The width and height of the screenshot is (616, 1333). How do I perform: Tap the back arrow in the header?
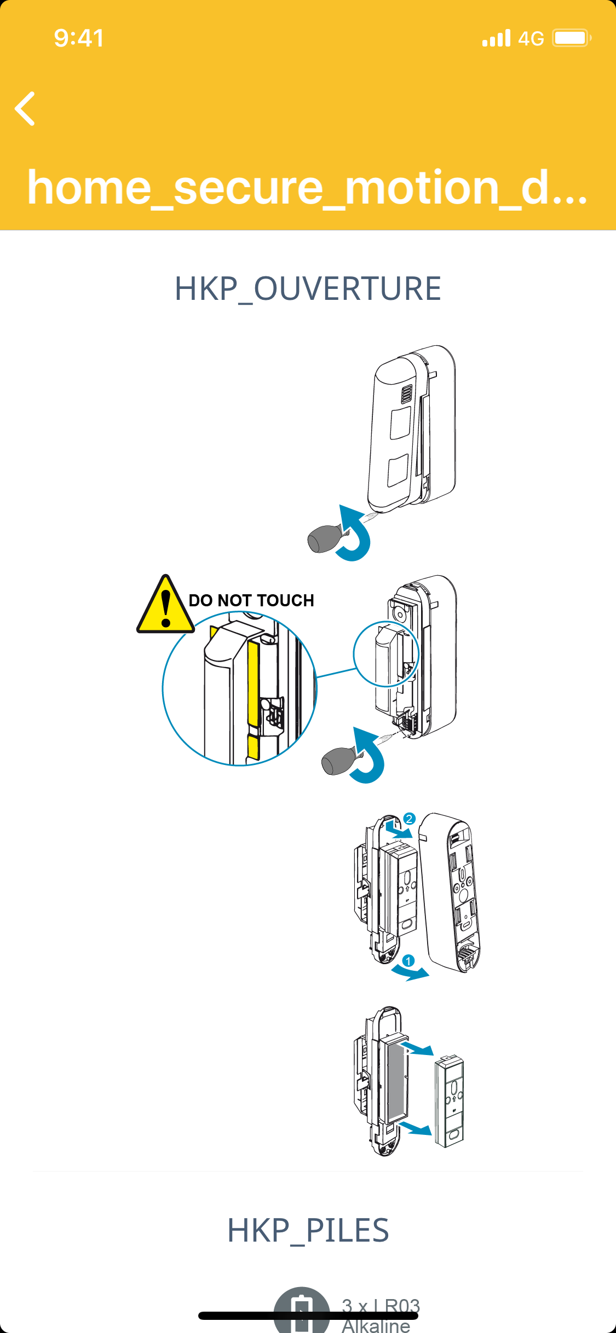coord(25,108)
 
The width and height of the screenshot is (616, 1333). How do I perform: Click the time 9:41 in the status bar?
coord(79,38)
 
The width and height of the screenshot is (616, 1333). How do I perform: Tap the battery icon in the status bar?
coord(571,38)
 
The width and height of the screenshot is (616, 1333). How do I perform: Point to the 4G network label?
coord(531,39)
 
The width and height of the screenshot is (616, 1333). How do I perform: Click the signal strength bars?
coord(496,38)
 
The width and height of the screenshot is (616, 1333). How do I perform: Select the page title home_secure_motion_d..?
coord(307,188)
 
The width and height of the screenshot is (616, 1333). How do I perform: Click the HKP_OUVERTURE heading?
coord(308,289)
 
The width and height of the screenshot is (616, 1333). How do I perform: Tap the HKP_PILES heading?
coord(308,1231)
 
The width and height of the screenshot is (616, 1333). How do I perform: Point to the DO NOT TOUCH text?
coord(251,600)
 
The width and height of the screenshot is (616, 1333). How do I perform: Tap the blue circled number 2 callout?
coord(409,819)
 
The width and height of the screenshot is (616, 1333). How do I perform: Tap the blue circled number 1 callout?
coord(408,961)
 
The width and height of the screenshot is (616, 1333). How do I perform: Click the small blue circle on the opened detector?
coord(386,653)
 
